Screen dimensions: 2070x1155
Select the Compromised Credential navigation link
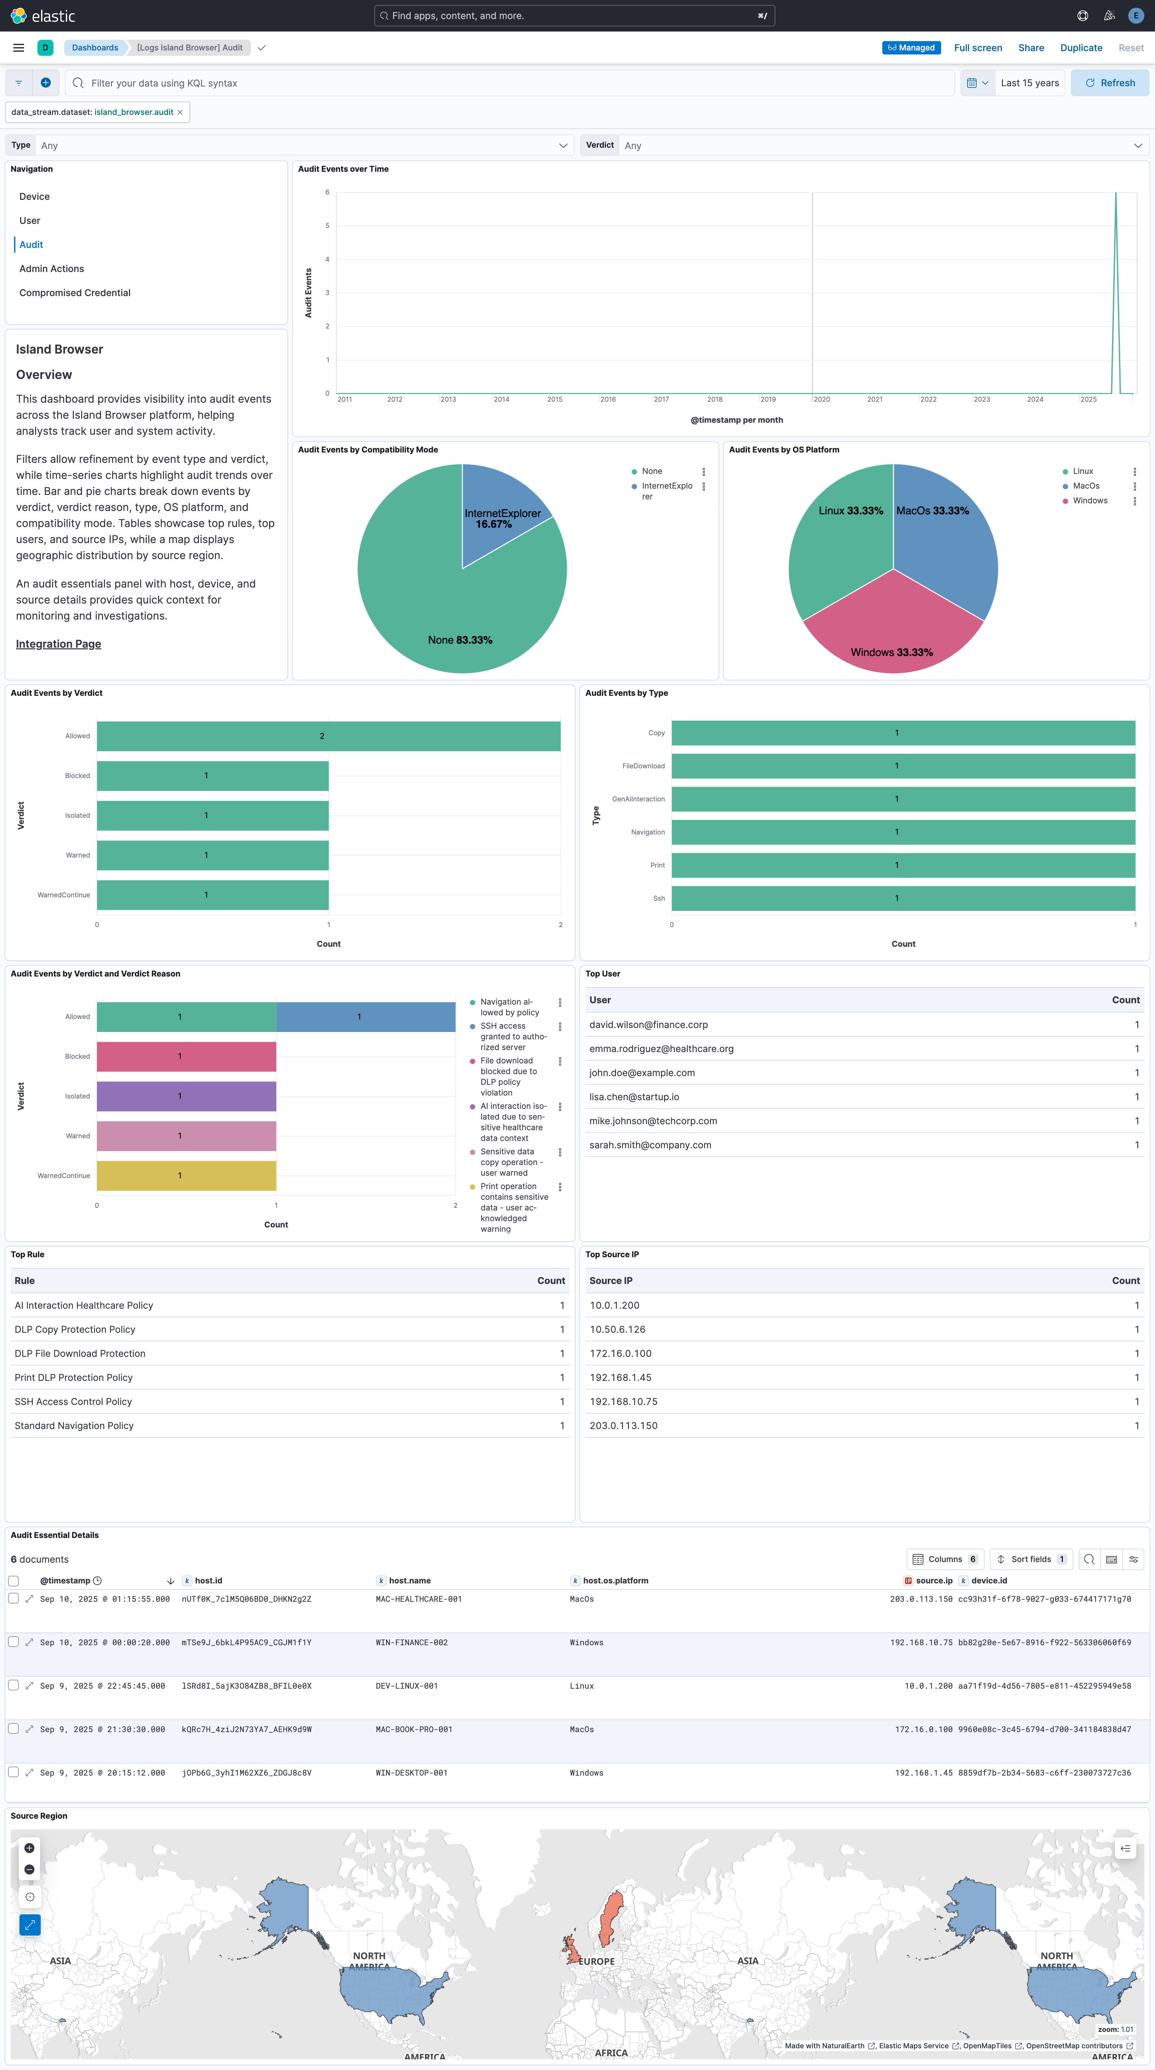click(75, 292)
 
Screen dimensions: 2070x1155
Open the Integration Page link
click(59, 644)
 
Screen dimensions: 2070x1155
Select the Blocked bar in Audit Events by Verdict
click(212, 775)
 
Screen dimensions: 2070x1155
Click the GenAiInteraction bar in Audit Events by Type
click(903, 799)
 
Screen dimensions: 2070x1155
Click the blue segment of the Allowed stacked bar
click(366, 1017)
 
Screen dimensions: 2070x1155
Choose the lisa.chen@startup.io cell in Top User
click(634, 1097)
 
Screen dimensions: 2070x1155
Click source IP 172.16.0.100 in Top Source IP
click(621, 1353)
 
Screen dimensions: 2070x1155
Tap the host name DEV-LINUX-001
click(407, 1686)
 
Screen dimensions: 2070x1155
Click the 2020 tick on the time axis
click(821, 399)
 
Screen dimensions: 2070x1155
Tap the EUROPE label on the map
click(597, 1961)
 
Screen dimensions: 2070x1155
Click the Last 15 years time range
click(1030, 83)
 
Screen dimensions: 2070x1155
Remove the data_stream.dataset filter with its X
click(180, 113)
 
